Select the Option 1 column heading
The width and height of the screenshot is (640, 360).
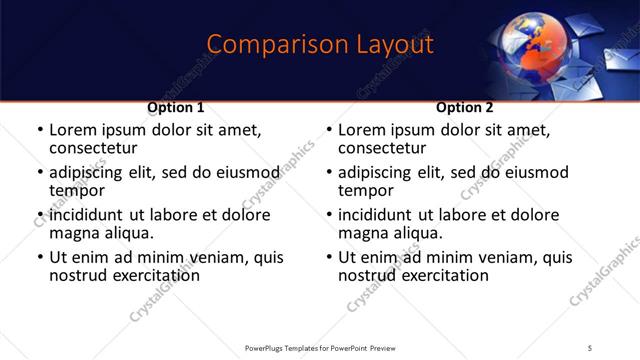(176, 107)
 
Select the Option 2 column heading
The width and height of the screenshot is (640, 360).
(465, 107)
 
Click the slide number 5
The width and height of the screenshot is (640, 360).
(590, 348)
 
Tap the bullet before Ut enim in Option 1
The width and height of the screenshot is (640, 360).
(39, 258)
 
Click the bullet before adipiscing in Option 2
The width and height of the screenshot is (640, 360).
(328, 173)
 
